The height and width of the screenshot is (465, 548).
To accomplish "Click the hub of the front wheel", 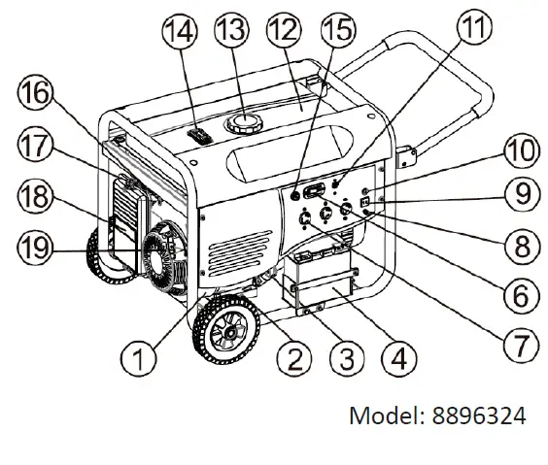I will pos(229,332).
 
